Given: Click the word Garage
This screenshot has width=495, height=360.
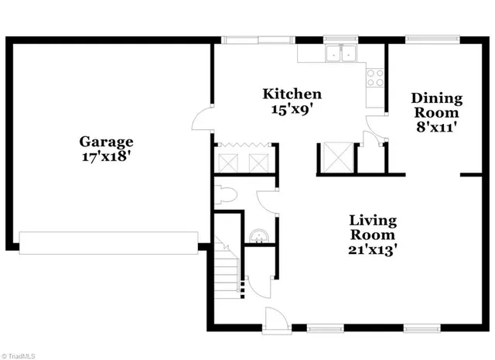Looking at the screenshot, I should [x=107, y=142].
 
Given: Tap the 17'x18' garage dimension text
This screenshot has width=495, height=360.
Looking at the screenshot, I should [x=107, y=155].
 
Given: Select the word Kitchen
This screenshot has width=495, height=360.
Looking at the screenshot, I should [x=292, y=94].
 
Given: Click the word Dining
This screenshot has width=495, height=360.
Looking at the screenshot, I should [x=437, y=98].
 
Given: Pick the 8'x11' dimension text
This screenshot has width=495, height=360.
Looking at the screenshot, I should [x=437, y=126].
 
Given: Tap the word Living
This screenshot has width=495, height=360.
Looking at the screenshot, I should [x=372, y=220].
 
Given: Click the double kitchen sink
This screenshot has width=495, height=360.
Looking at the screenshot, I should [x=340, y=54].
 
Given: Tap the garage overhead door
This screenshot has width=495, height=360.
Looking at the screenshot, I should [x=108, y=242].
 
